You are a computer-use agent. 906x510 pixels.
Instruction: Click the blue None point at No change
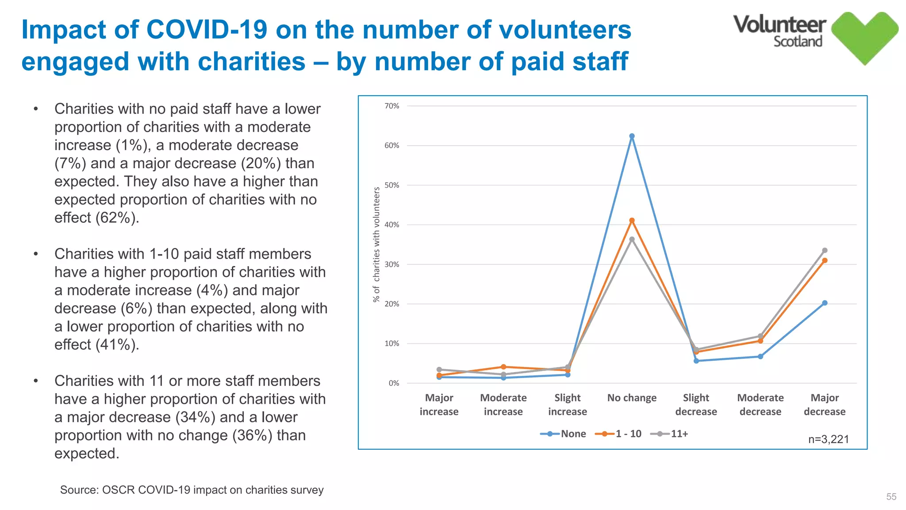tap(632, 136)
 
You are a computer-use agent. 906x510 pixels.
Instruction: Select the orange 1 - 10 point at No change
tap(632, 220)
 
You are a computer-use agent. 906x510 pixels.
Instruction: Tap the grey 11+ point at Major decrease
tap(825, 251)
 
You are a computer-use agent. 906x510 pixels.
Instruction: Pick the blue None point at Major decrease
tap(825, 303)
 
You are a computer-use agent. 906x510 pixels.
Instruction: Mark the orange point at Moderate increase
tap(503, 367)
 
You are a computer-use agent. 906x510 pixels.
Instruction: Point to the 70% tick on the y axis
tap(392, 106)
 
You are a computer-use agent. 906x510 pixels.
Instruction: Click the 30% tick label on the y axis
tap(392, 264)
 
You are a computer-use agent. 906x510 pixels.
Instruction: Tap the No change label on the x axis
tap(632, 398)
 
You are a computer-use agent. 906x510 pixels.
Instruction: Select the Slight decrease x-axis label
tap(696, 405)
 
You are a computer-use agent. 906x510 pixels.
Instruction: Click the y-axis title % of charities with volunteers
tap(376, 244)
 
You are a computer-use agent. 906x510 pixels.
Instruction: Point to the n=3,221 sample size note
tap(829, 439)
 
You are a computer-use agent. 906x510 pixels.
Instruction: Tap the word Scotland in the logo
tap(798, 42)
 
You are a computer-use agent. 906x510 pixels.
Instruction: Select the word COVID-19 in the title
tap(207, 30)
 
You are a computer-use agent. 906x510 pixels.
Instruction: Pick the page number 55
tap(891, 497)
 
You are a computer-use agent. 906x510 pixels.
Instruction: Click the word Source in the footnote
tap(79, 490)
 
